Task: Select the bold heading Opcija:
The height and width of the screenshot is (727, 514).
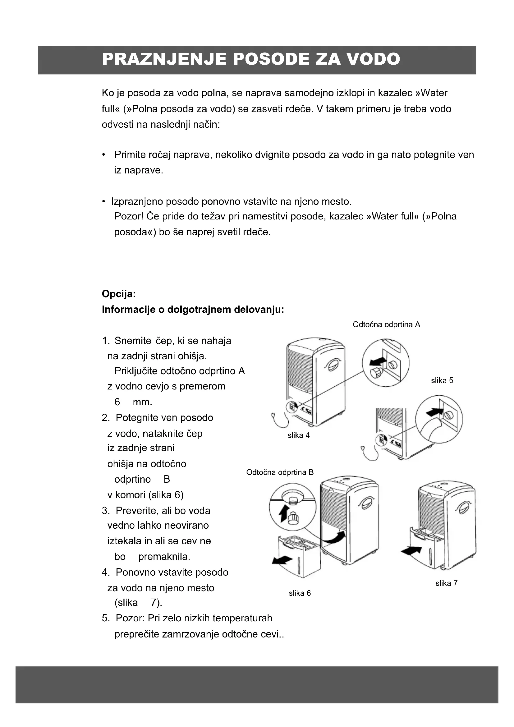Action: point(119,294)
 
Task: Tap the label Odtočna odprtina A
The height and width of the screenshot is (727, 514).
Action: point(386,324)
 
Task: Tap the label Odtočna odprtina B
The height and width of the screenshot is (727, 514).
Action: point(280,472)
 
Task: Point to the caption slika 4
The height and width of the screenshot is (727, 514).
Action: point(298,435)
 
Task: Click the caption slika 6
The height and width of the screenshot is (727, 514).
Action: point(300,593)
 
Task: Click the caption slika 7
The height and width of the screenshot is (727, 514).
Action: point(446,583)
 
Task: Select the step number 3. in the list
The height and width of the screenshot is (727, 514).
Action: point(106,510)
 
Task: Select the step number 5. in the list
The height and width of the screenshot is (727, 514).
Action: point(106,618)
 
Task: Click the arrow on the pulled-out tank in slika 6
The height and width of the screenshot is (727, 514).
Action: point(282,560)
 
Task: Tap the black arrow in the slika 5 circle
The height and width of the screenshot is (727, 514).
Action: point(435,412)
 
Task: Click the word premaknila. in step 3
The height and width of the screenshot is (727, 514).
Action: point(164,556)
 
